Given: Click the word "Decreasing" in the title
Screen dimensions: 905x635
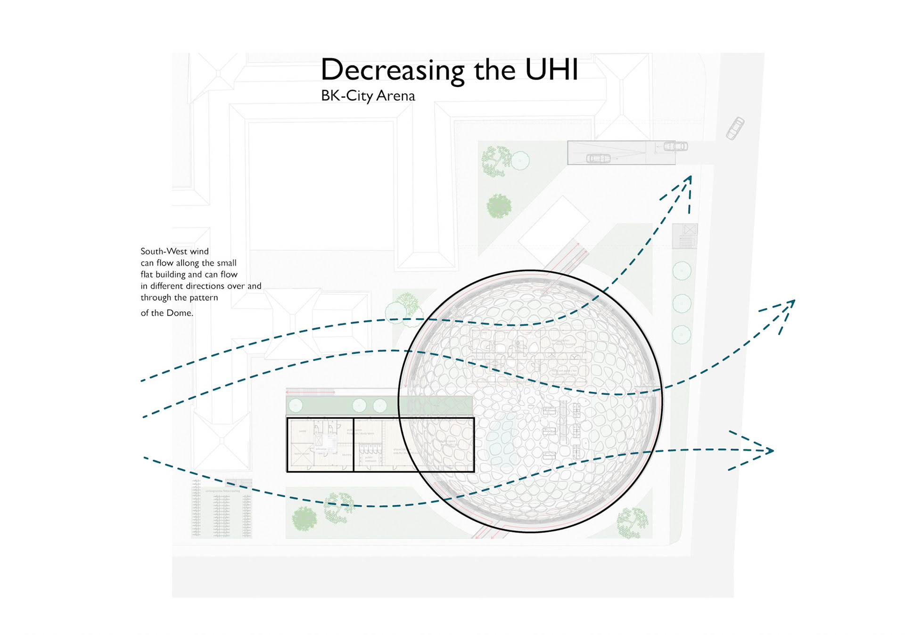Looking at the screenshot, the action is pyautogui.click(x=392, y=71).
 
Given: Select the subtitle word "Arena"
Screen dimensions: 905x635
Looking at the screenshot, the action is pyautogui.click(x=395, y=96).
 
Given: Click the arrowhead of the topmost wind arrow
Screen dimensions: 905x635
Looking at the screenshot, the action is pyautogui.click(x=689, y=180).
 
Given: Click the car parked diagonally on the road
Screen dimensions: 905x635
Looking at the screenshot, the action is pyautogui.click(x=735, y=128).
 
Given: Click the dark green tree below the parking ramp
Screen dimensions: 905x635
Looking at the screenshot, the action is pyautogui.click(x=499, y=206).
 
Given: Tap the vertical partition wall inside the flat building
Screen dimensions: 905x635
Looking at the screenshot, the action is pyautogui.click(x=354, y=444).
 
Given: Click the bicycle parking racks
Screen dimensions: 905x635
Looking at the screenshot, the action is pyautogui.click(x=221, y=509).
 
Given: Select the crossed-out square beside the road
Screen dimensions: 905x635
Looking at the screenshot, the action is pyautogui.click(x=690, y=230).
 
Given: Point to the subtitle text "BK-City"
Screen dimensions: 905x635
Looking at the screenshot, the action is pyautogui.click(x=346, y=96).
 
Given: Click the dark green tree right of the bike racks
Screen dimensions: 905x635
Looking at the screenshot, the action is pyautogui.click(x=304, y=519).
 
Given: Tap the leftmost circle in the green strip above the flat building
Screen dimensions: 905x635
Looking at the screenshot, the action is pyautogui.click(x=296, y=405).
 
